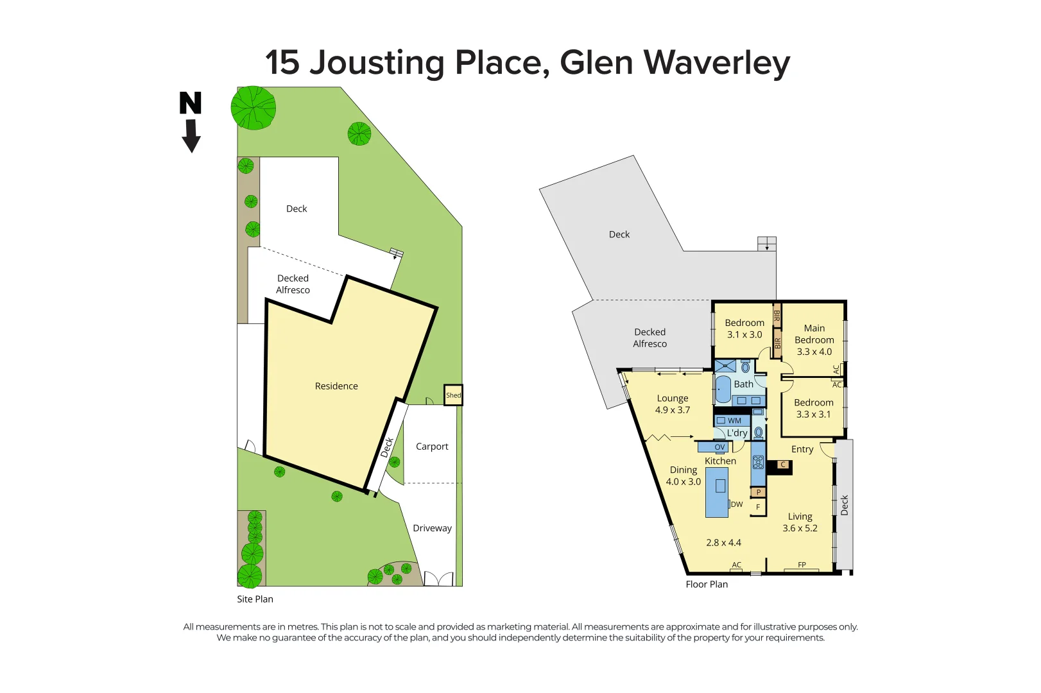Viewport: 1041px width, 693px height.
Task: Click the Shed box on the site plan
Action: [453, 395]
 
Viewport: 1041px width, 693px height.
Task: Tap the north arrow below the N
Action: [191, 137]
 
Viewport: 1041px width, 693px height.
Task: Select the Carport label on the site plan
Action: [432, 447]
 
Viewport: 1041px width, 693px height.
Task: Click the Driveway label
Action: [432, 528]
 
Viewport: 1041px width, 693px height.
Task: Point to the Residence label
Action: [336, 386]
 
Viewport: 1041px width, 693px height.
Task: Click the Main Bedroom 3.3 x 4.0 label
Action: [814, 340]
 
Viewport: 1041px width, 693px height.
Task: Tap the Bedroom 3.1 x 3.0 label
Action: [744, 329]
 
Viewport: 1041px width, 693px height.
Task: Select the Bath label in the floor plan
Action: [743, 384]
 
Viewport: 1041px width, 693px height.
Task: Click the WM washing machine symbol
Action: [730, 421]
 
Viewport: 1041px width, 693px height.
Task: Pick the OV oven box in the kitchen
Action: [719, 447]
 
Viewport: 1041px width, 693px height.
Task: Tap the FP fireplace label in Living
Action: [802, 565]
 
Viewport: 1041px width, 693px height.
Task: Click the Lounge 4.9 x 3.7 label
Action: [672, 404]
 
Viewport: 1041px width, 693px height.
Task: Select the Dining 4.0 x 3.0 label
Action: [683, 475]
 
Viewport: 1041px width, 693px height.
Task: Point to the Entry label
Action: [802, 449]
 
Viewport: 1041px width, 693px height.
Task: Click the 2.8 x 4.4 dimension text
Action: [723, 543]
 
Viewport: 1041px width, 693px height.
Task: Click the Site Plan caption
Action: [255, 599]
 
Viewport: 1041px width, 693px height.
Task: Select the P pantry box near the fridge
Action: [759, 493]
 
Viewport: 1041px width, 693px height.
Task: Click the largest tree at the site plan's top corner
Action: [254, 108]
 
